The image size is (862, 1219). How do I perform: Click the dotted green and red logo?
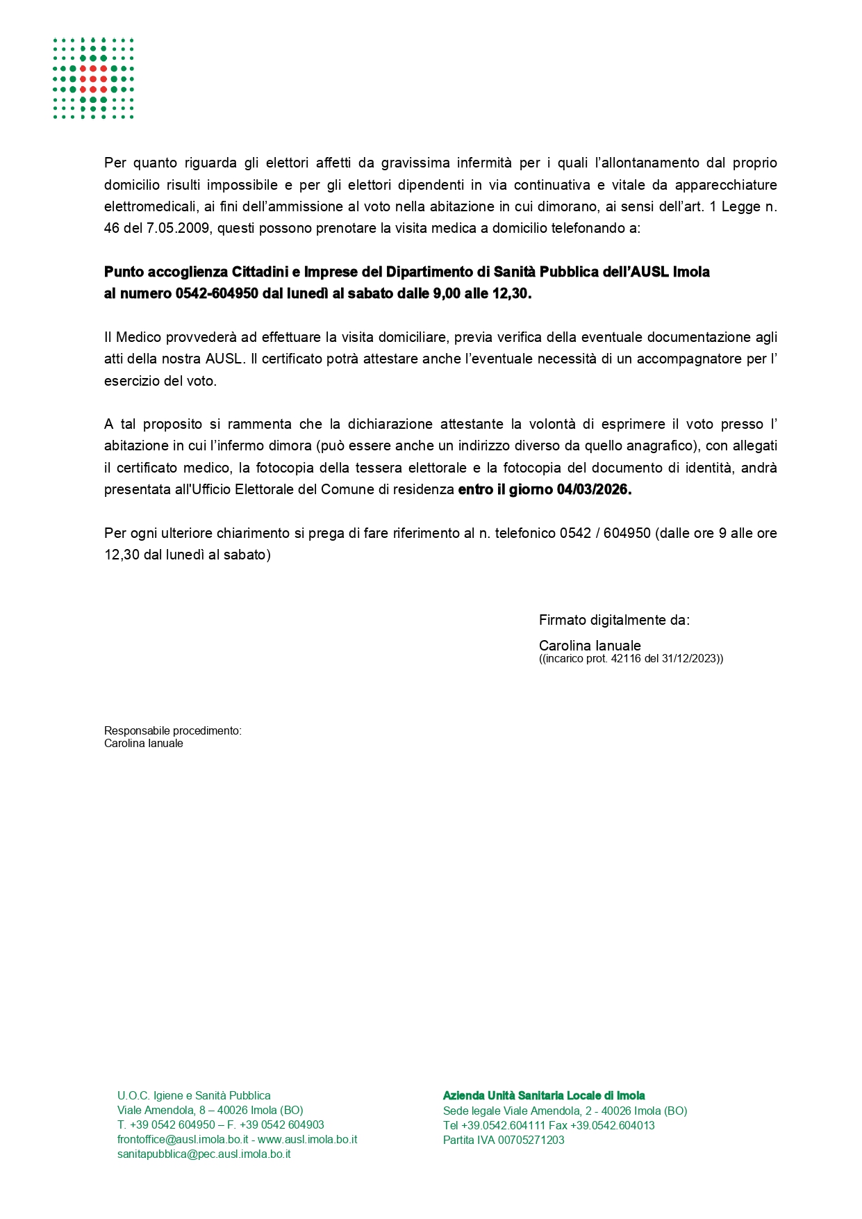(93, 79)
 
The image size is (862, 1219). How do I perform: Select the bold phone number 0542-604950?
(217, 294)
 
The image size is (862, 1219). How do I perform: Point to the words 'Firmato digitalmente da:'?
(614, 620)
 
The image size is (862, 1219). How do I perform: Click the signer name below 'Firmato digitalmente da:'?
(590, 646)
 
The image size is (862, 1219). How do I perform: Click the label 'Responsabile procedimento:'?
(172, 731)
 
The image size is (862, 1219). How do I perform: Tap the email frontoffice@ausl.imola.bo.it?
(183, 1140)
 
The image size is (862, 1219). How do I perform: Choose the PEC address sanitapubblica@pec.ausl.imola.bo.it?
(204, 1154)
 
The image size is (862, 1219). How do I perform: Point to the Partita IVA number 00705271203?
(531, 1140)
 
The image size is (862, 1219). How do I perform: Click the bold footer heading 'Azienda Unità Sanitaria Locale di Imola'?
(544, 1096)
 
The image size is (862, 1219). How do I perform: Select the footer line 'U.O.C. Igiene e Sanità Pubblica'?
(194, 1096)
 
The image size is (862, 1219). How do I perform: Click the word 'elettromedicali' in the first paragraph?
(147, 207)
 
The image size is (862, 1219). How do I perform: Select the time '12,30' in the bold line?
(511, 294)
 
